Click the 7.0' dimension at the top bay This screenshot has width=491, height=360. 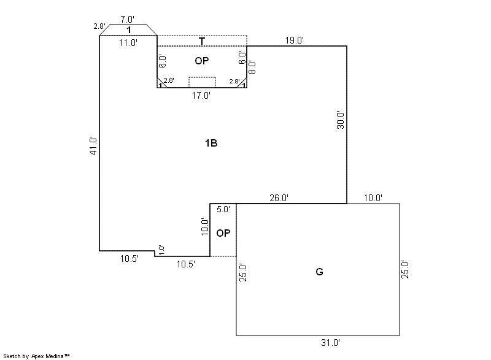(127, 20)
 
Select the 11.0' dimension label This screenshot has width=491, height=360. (128, 43)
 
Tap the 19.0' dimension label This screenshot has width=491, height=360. (295, 40)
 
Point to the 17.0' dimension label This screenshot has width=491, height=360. (201, 96)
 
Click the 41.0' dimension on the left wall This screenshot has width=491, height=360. (94, 146)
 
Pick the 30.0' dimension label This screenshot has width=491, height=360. (341, 120)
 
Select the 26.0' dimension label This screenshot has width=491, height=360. (279, 198)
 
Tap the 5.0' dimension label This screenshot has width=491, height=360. (223, 209)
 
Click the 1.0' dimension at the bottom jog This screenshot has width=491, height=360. (161, 250)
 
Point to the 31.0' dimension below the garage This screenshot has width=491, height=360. (330, 343)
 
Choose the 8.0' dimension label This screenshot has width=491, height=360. (252, 67)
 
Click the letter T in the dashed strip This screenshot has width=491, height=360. (202, 41)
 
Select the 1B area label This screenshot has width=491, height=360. (211, 143)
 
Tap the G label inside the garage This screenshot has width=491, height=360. (319, 272)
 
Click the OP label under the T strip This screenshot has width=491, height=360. (202, 61)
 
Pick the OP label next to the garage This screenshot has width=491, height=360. (223, 233)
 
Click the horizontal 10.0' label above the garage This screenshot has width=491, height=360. (373, 198)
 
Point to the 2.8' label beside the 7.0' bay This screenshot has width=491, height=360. (99, 26)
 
